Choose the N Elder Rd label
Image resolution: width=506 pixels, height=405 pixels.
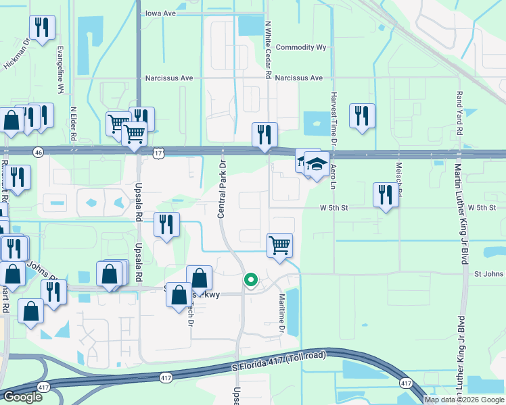click(73, 124)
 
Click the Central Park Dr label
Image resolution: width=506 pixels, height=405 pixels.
click(221, 189)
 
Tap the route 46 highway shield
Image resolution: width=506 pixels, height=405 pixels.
click(39, 153)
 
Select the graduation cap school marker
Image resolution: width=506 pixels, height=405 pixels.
click(316, 164)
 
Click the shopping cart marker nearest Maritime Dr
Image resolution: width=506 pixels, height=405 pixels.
click(279, 244)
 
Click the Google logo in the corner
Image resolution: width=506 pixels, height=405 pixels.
click(22, 397)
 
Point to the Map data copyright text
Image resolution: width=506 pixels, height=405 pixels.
click(464, 400)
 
